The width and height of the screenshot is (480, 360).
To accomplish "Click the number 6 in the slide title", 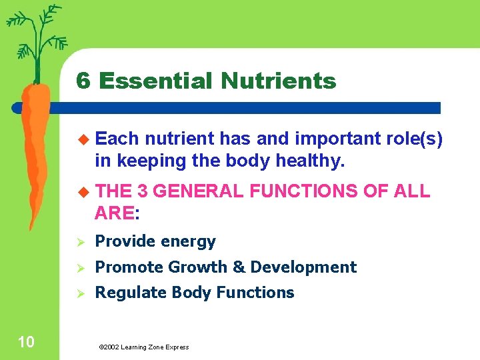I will (x=83, y=81).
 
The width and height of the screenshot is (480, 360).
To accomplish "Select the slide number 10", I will (x=26, y=343).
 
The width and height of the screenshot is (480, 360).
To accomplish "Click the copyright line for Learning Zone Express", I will (x=143, y=347).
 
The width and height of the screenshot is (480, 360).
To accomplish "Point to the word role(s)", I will (x=414, y=139).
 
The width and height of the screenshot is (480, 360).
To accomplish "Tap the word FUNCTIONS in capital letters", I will (x=304, y=192).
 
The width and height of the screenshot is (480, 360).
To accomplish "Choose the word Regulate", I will (x=131, y=293).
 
